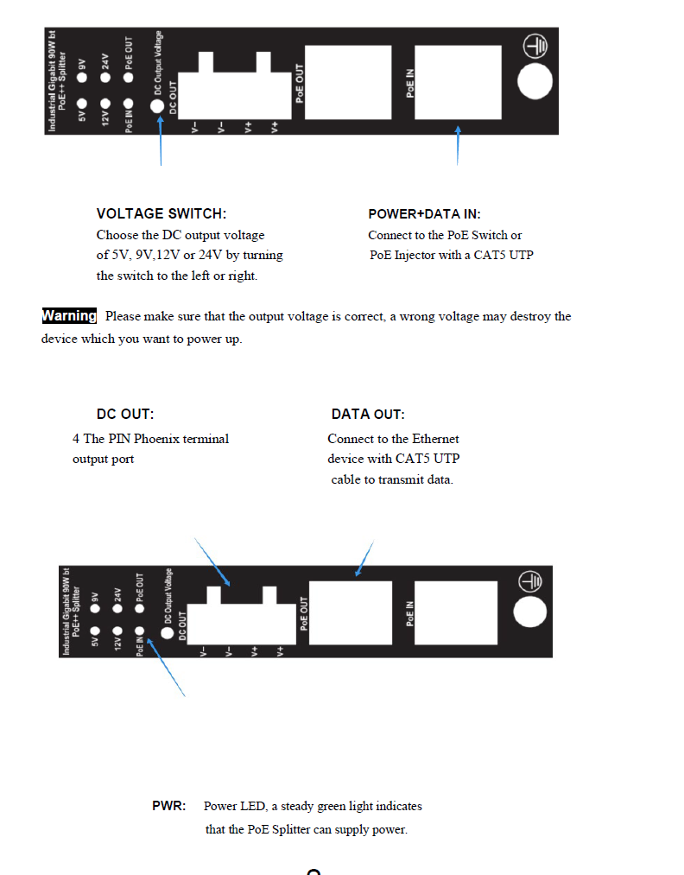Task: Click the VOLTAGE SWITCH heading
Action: coord(161,214)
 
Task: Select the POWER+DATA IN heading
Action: coord(424,214)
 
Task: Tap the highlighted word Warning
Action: coord(69,316)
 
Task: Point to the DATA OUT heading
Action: coord(368,415)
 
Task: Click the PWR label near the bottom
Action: coord(169,806)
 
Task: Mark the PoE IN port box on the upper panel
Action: coord(458,83)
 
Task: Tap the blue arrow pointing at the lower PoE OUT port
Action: coord(364,559)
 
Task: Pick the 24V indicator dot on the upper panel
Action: coord(105,78)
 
